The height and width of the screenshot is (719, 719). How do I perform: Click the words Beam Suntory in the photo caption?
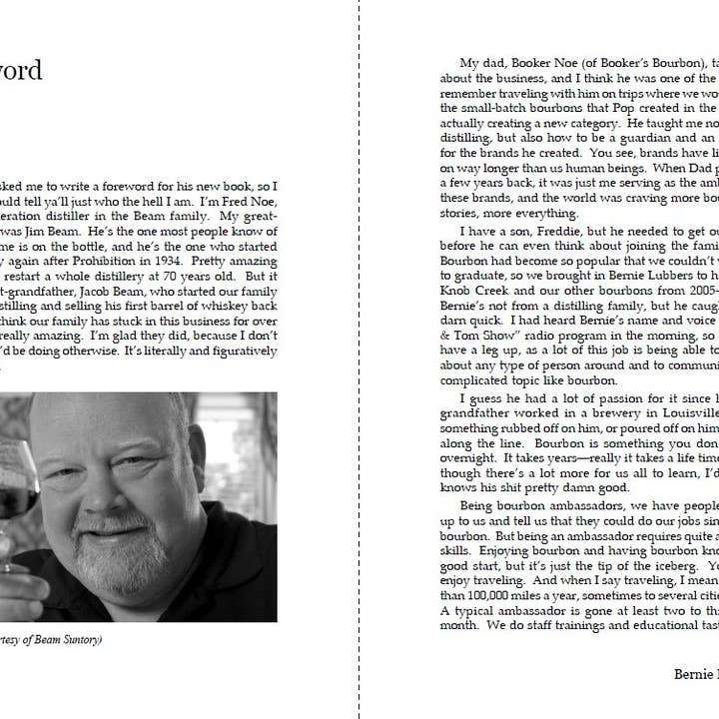point(66,640)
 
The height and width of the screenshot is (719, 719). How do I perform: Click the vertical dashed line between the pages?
point(359,399)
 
